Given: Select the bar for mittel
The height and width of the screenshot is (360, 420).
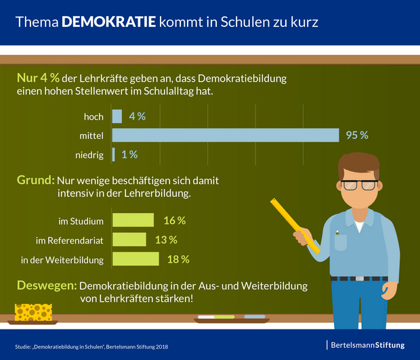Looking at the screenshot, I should pyautogui.click(x=225, y=135).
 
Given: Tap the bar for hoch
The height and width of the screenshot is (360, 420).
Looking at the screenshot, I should pyautogui.click(x=117, y=116).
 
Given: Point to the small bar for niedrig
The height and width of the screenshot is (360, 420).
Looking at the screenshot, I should pyautogui.click(x=113, y=155).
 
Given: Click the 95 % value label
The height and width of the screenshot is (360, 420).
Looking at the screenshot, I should pyautogui.click(x=357, y=135).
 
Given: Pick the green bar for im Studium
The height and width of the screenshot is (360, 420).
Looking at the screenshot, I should pyautogui.click(x=133, y=220).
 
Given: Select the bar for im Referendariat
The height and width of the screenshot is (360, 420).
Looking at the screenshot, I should pyautogui.click(x=129, y=240).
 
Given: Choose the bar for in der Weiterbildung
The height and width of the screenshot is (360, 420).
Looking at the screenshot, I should pyautogui.click(x=135, y=259).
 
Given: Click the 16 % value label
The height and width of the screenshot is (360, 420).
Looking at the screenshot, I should pyautogui.click(x=174, y=220).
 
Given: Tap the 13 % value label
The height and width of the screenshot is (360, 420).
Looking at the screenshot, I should pyautogui.click(x=166, y=240).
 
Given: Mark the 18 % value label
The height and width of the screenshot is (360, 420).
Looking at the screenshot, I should pyautogui.click(x=178, y=259).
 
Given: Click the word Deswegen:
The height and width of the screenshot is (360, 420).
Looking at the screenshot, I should pyautogui.click(x=46, y=286).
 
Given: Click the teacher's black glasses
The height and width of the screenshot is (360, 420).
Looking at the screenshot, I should pyautogui.click(x=358, y=184).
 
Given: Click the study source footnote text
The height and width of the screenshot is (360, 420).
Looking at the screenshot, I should pyautogui.click(x=92, y=346).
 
